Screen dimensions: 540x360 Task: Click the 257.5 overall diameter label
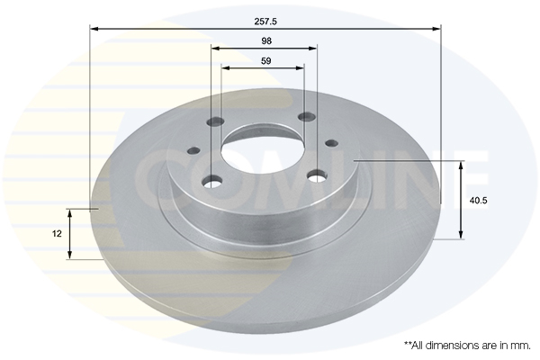click(x=265, y=22)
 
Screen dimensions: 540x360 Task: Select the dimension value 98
click(x=266, y=41)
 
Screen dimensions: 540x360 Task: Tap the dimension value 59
click(x=266, y=61)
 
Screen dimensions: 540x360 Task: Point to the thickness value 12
click(x=57, y=234)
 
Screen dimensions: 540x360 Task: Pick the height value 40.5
click(x=479, y=201)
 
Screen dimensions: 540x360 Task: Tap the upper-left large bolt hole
click(x=216, y=121)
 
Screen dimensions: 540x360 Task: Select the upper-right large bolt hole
click(x=307, y=117)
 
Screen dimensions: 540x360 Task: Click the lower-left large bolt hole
click(x=212, y=181)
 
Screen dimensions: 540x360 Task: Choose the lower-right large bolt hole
click(x=318, y=176)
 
